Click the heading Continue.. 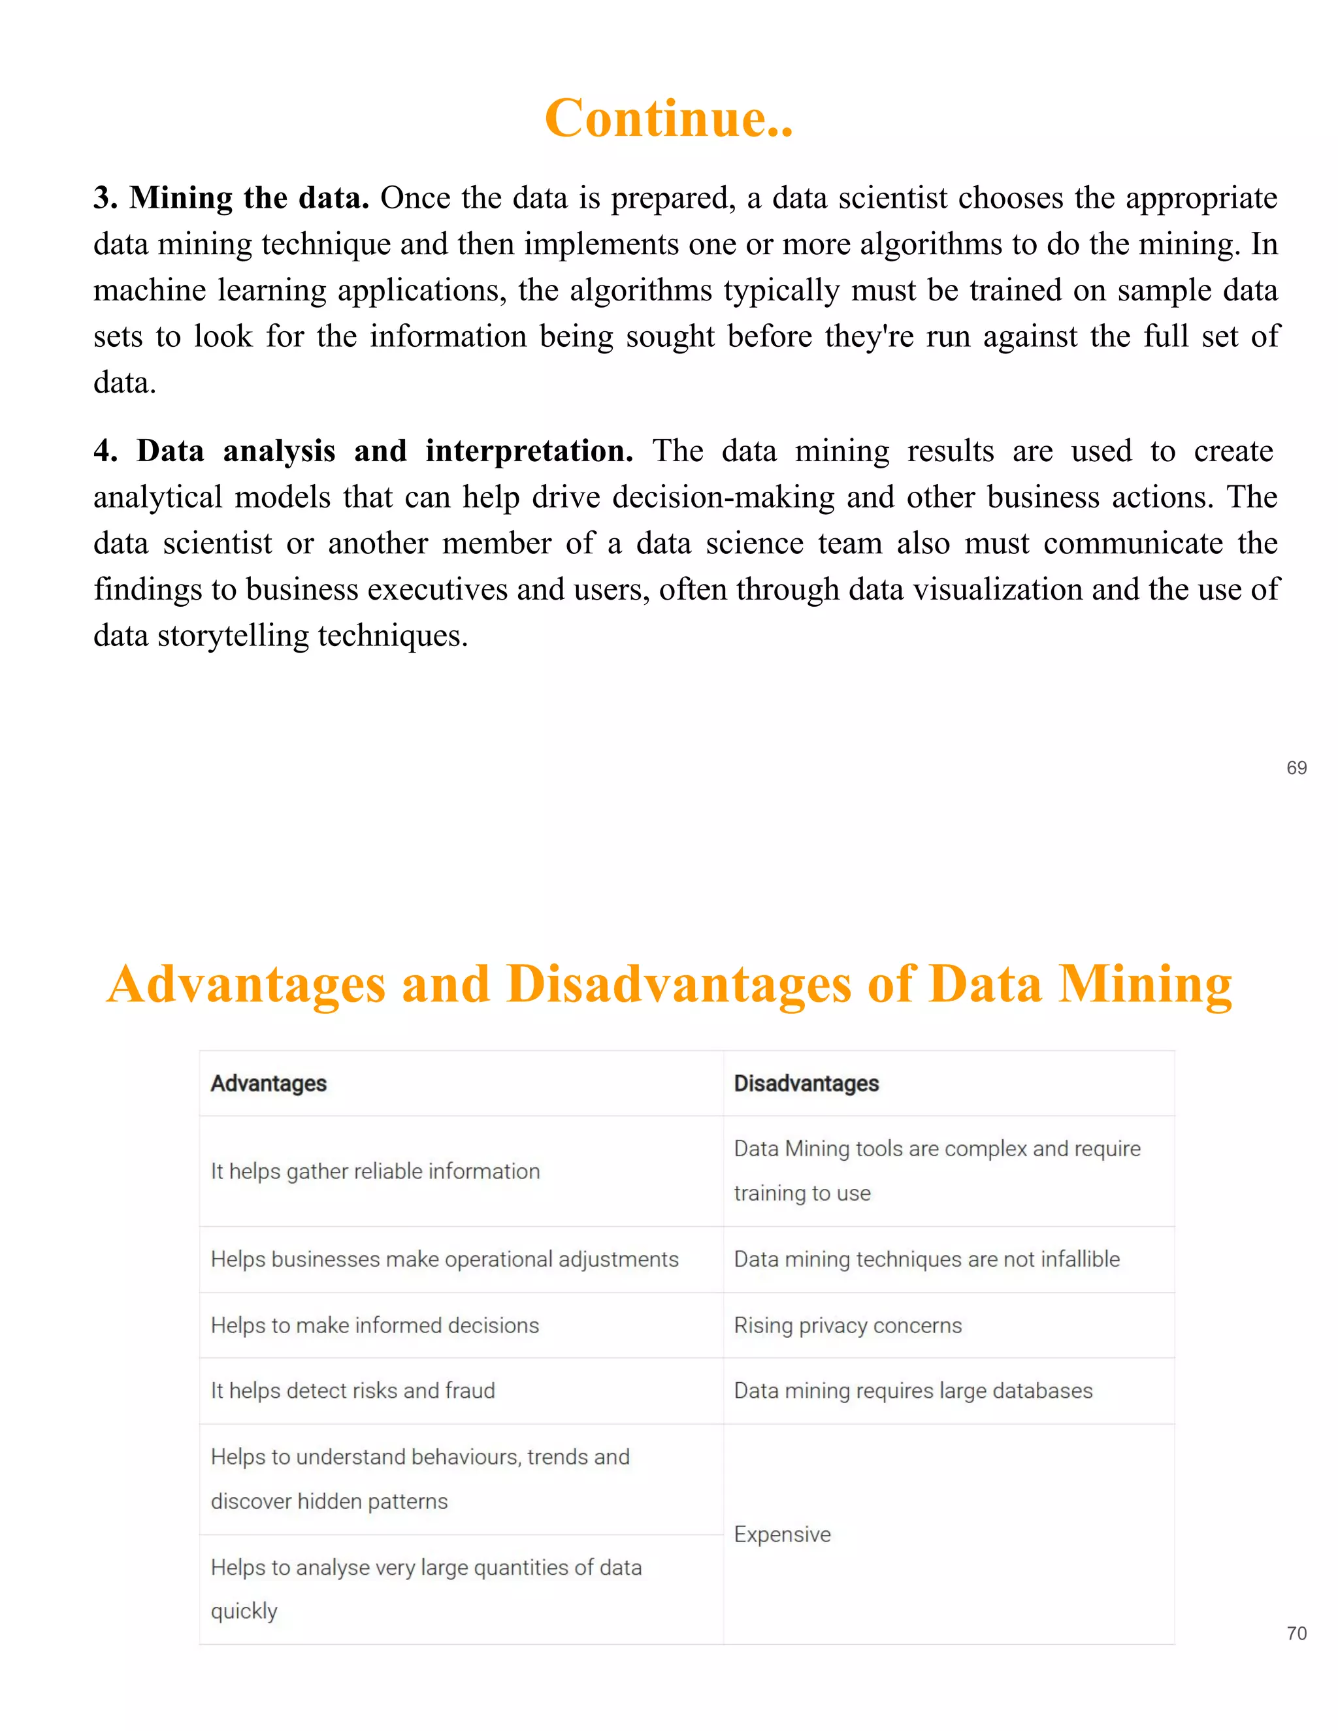point(668,119)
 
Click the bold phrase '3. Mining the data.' point(231,198)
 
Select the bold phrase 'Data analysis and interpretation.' point(384,451)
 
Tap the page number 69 point(1296,768)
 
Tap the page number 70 point(1296,1633)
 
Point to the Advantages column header point(269,1084)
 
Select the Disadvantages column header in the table point(806,1084)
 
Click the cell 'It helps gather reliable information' point(375,1171)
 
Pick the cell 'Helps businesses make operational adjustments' point(445,1259)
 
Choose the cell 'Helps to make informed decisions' point(375,1325)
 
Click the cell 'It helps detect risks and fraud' point(353,1390)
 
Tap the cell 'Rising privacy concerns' point(847,1325)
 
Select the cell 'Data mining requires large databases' point(913,1390)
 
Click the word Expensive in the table point(782,1534)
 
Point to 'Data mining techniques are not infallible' point(926,1259)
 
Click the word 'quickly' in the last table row point(244,1611)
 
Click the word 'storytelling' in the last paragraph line point(232,636)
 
